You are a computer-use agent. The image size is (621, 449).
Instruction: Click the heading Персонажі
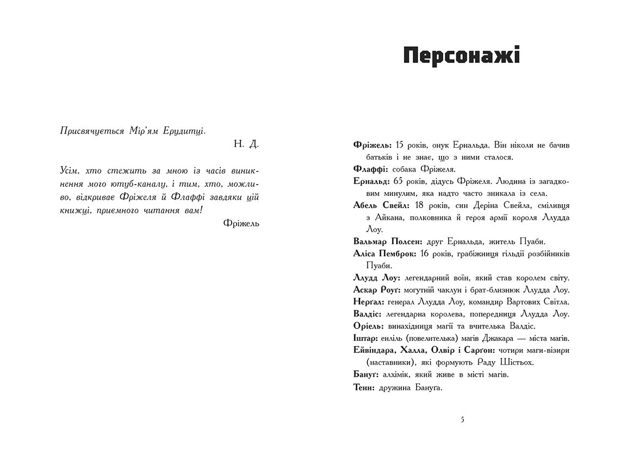461,56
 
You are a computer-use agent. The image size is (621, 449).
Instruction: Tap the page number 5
462,419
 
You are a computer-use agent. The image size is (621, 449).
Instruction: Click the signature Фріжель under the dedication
241,223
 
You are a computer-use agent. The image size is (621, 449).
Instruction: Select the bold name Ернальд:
371,181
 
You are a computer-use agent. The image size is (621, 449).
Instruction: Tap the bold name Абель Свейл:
381,205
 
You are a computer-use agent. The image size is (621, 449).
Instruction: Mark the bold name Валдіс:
367,314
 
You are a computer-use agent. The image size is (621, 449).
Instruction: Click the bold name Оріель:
368,326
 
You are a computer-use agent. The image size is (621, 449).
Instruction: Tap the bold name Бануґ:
367,374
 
